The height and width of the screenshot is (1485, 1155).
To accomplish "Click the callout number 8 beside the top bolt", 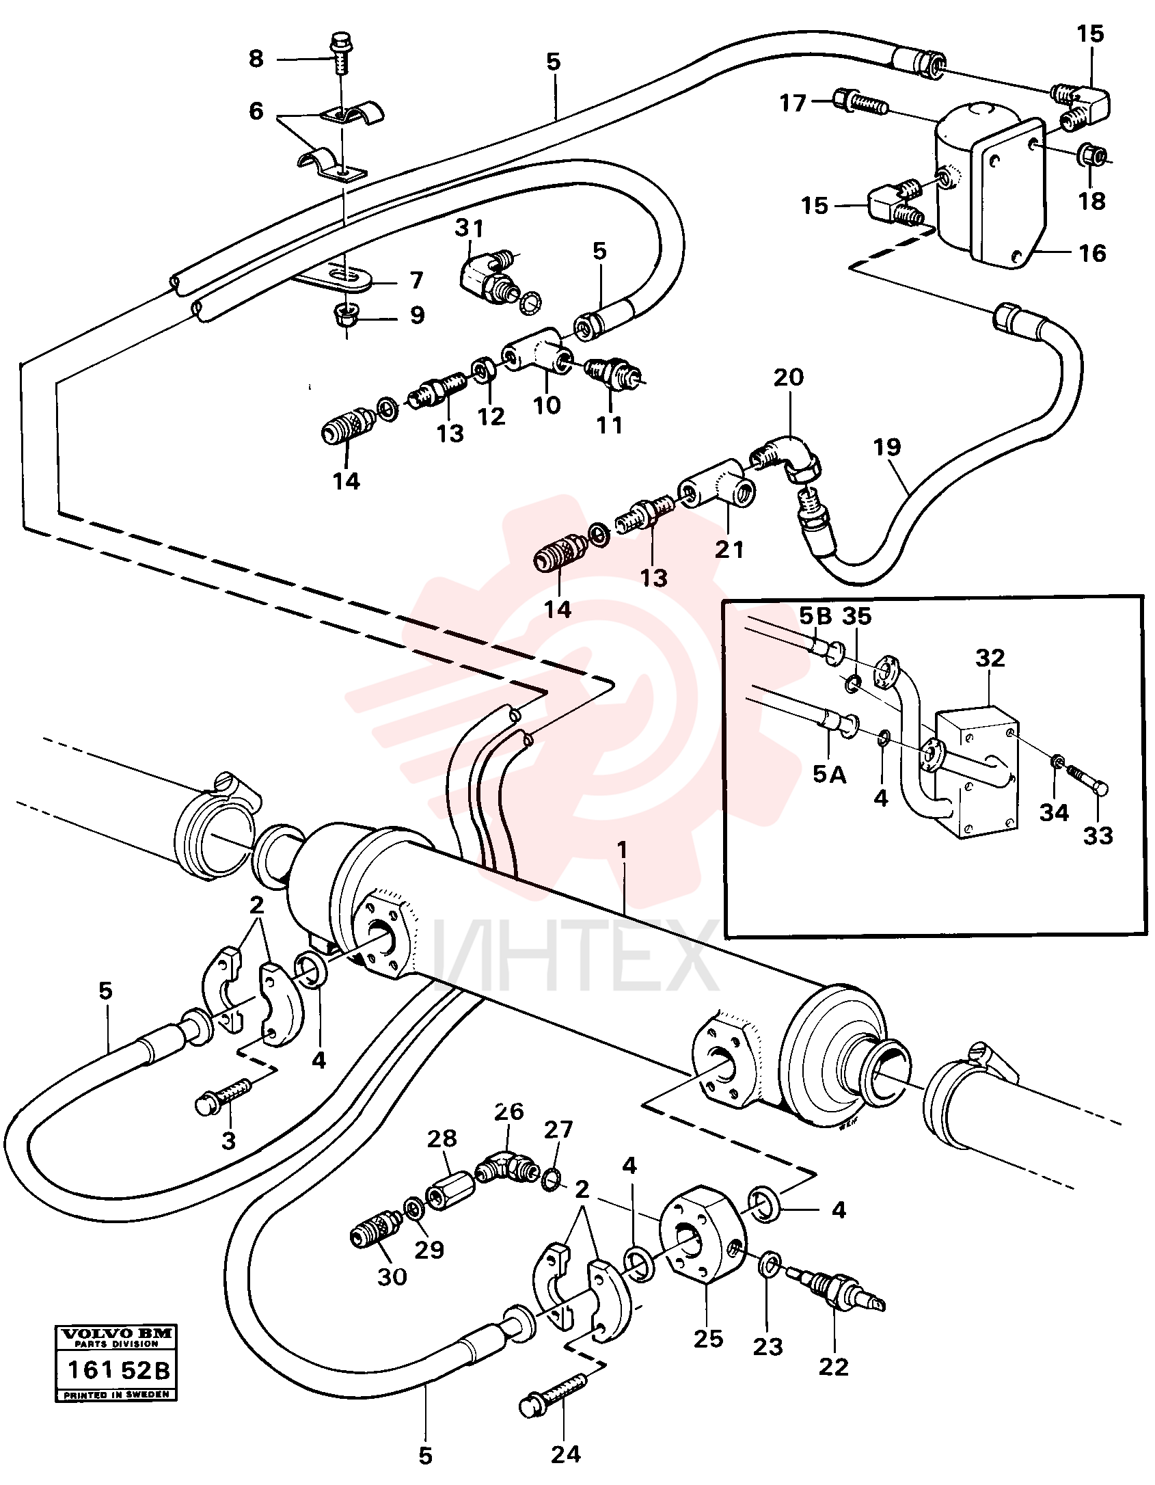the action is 256,59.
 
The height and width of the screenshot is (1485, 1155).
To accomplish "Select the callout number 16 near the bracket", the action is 1092,254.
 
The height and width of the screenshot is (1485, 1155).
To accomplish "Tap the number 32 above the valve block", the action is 990,658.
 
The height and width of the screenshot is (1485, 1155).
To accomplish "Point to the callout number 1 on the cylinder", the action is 621,850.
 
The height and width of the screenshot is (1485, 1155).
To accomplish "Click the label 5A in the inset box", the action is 830,774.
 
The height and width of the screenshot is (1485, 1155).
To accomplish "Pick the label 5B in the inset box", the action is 815,616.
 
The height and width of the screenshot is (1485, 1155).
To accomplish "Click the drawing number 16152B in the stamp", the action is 117,1371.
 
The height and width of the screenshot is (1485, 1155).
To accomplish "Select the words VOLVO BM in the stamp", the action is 117,1333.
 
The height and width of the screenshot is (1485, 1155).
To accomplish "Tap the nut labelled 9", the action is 346,316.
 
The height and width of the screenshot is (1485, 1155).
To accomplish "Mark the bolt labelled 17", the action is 860,103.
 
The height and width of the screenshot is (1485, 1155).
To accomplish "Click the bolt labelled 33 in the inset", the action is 1087,780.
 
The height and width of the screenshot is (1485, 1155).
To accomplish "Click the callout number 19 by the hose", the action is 887,447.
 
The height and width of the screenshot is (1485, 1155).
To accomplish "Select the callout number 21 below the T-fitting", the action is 729,549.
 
